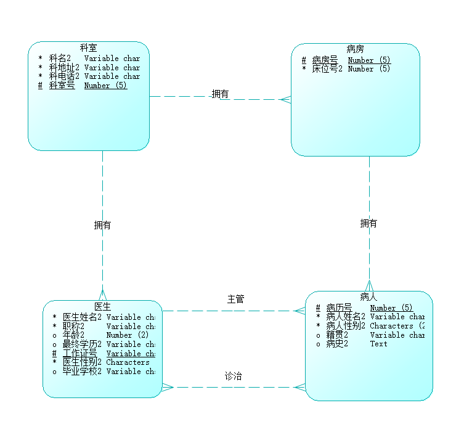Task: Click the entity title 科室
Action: tap(89, 47)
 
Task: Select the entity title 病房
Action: tap(355, 49)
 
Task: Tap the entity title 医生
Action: tap(102, 306)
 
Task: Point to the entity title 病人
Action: tap(368, 297)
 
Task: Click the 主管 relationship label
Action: tap(235, 300)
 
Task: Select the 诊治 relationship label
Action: tap(233, 376)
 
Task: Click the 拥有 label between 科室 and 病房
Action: tap(220, 94)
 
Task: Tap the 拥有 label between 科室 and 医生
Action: tap(102, 226)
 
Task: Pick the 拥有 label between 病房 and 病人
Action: tap(368, 224)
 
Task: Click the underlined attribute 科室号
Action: tap(62, 86)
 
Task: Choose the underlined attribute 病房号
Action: tap(325, 60)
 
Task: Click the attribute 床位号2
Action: tap(327, 69)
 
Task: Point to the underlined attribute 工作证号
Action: tap(79, 354)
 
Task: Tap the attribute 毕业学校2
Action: tap(82, 372)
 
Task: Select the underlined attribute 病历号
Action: tap(339, 308)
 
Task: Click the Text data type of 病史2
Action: tap(378, 344)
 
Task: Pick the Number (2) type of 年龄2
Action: tap(127, 335)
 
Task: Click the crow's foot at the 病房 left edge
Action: tap(285, 99)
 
